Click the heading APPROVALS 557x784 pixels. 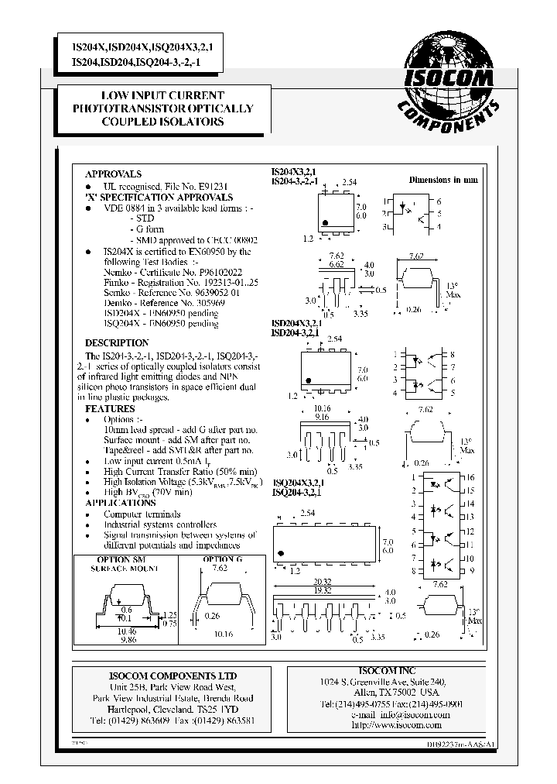[113, 174]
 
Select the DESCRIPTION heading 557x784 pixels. [116, 342]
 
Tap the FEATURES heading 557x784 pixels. [110, 408]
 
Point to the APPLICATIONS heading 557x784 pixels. [121, 503]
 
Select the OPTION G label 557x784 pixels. [223, 559]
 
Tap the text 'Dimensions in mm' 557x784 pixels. [443, 180]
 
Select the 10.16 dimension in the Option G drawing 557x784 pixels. [223, 633]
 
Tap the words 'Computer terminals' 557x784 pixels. [142, 514]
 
